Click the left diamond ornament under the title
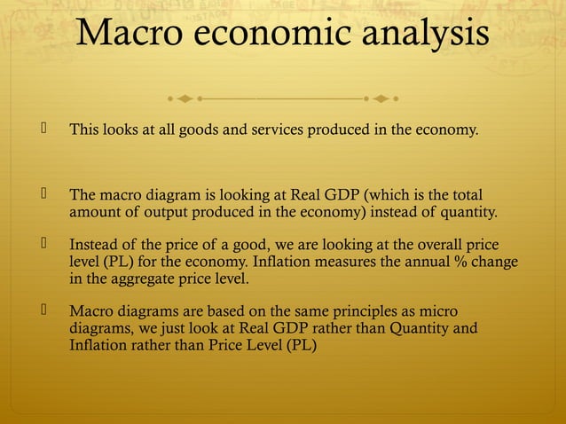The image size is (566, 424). pos(185,95)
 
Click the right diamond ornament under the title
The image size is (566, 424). pos(380,95)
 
